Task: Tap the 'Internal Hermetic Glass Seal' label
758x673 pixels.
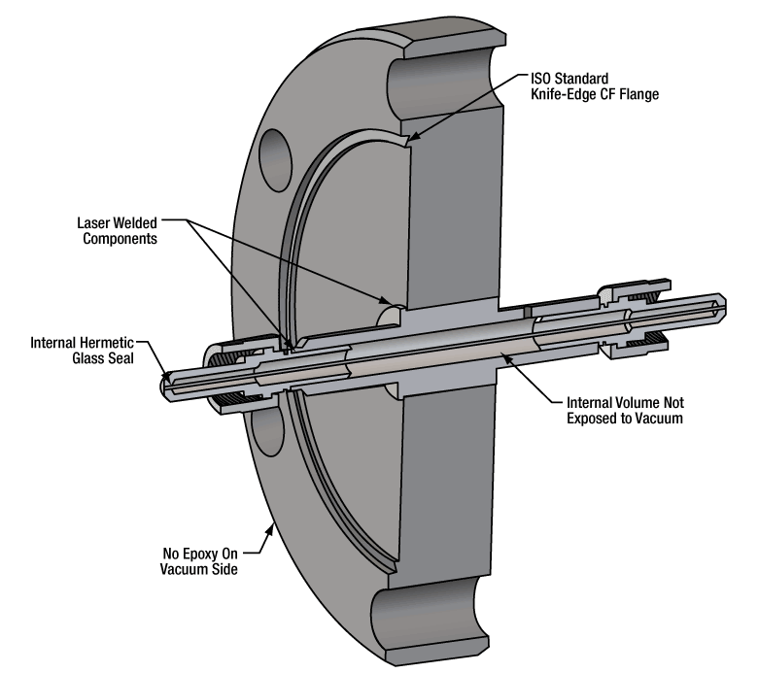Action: click(x=84, y=351)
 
